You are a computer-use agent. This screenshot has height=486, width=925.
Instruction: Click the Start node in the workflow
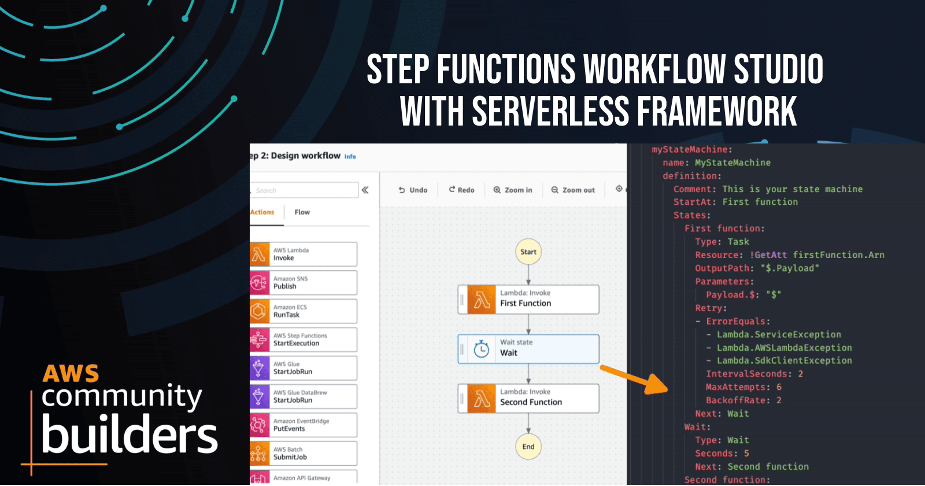[x=528, y=252]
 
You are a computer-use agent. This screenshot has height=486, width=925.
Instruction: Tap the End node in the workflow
[x=528, y=447]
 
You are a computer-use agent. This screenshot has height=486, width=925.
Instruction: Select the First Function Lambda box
[x=528, y=299]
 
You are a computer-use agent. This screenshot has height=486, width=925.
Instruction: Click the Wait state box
[x=528, y=348]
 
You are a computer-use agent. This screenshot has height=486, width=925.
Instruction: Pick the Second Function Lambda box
[x=528, y=397]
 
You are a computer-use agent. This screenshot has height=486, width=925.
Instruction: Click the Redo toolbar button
[x=461, y=190]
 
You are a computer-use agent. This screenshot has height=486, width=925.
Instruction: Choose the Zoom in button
[x=513, y=190]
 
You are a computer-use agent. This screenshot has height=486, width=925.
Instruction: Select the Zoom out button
[x=573, y=190]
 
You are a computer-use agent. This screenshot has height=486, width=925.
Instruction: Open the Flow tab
[x=302, y=212]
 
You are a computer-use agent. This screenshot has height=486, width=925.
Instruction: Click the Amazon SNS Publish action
[x=304, y=282]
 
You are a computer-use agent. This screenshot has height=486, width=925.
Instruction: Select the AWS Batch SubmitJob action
[x=304, y=453]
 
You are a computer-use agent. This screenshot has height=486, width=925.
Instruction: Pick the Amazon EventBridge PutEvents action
[x=304, y=425]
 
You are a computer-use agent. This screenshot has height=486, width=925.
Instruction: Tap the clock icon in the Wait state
[x=481, y=349]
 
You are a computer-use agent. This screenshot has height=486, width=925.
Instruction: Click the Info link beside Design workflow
[x=350, y=156]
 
